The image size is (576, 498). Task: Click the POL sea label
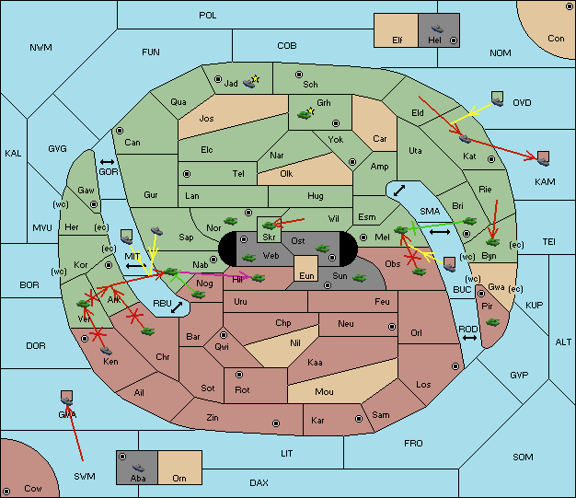tap(208, 16)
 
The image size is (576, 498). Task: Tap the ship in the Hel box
tap(437, 29)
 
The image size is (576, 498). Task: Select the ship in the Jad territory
tap(249, 84)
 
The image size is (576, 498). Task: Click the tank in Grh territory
tap(305, 115)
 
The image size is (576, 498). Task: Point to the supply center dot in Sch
tap(299, 75)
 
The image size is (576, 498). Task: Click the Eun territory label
tap(306, 275)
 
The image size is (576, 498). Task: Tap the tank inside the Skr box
tap(269, 225)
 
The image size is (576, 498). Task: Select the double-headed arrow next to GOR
tap(108, 162)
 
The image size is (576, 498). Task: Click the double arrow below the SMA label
tap(440, 232)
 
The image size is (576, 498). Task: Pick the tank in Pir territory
tap(492, 322)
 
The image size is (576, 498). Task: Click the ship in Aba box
tap(138, 468)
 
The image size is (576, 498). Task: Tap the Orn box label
tap(179, 478)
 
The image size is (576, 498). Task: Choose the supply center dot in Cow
tap(6, 492)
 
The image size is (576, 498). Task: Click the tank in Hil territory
tap(259, 277)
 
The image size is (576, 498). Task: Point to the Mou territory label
tap(324, 392)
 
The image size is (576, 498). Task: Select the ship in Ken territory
tap(106, 350)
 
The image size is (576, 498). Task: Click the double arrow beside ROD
tap(469, 338)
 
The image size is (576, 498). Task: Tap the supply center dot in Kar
tap(359, 419)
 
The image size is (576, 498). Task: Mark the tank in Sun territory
tap(359, 278)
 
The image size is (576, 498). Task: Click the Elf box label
tap(397, 40)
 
